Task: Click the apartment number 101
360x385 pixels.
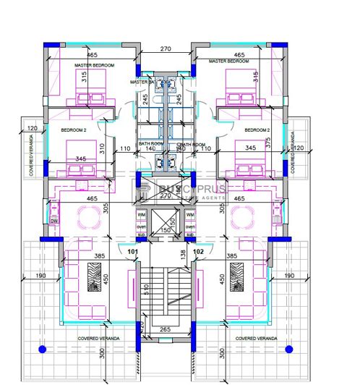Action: pyautogui.click(x=132, y=253)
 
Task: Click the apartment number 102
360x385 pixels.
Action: pyautogui.click(x=199, y=253)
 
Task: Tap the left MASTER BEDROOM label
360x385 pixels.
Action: pyautogui.click(x=95, y=65)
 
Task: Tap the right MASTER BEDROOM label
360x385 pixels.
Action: pyautogui.click(x=228, y=62)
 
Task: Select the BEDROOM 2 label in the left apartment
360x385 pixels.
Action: pyautogui.click(x=74, y=130)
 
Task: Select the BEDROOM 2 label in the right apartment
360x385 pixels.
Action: pyautogui.click(x=257, y=130)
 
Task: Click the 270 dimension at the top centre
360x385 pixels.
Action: pyautogui.click(x=165, y=50)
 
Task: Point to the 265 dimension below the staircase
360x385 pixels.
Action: pyautogui.click(x=165, y=331)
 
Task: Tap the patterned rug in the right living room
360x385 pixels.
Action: pyautogui.click(x=236, y=277)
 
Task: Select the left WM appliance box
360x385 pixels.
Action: pyautogui.click(x=142, y=216)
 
